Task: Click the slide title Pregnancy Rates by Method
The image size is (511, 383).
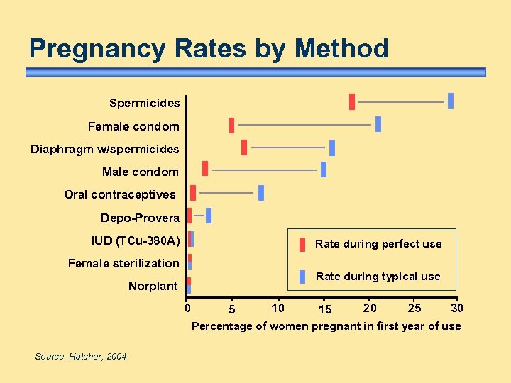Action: pyautogui.click(x=209, y=49)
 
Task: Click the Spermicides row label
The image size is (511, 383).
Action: pyautogui.click(x=144, y=104)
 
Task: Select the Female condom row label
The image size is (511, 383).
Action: pyautogui.click(x=133, y=126)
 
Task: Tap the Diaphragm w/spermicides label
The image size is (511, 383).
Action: pyautogui.click(x=104, y=149)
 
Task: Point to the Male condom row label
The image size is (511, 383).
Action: pyautogui.click(x=141, y=172)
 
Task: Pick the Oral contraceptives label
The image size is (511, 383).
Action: pyautogui.click(x=119, y=194)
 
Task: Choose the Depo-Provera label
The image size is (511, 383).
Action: pyautogui.click(x=140, y=218)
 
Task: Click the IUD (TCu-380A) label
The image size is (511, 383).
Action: pyautogui.click(x=136, y=240)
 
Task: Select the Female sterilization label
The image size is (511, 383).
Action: pyautogui.click(x=123, y=263)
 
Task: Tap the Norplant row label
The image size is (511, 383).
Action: pyautogui.click(x=153, y=286)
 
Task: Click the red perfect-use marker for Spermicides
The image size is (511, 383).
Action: pyautogui.click(x=351, y=101)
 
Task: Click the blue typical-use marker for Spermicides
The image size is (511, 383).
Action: pyautogui.click(x=450, y=101)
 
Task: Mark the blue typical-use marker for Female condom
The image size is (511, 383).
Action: pyautogui.click(x=378, y=124)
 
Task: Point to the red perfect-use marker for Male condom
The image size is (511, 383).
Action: pyautogui.click(x=205, y=168)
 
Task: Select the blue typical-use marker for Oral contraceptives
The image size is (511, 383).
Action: pyautogui.click(x=261, y=193)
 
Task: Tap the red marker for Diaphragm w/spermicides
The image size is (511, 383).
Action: pyautogui.click(x=244, y=147)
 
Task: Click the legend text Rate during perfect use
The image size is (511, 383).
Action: pyautogui.click(x=378, y=244)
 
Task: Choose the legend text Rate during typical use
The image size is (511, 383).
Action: pyautogui.click(x=378, y=277)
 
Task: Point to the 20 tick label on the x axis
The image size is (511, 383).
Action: pyautogui.click(x=370, y=308)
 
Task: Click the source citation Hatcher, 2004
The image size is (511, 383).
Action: pyautogui.click(x=82, y=357)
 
